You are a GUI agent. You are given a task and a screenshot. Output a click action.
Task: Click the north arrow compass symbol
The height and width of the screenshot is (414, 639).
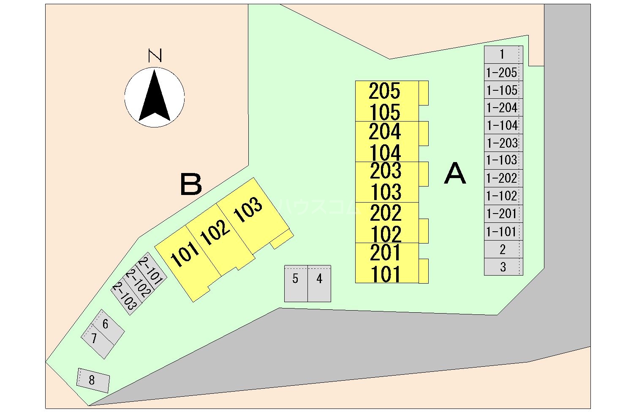point(155,97)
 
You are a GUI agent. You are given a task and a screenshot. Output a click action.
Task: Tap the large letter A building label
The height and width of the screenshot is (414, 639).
point(455,174)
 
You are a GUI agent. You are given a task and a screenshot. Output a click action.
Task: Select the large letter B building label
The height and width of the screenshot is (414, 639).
point(191,184)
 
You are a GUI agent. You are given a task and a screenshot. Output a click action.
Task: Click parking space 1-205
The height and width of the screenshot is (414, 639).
point(502,73)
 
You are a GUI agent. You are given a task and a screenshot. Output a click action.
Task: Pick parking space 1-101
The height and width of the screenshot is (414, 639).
point(502,232)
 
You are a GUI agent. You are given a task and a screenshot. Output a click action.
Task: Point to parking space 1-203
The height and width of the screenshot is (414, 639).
point(502,143)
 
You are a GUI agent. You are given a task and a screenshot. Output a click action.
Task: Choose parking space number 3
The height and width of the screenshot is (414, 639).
point(503,267)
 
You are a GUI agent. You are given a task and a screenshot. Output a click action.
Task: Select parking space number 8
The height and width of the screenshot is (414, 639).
point(92,380)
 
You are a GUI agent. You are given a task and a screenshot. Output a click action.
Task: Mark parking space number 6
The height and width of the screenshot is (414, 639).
point(106,324)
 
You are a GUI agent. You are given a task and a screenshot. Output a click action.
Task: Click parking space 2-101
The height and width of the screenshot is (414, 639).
point(151,271)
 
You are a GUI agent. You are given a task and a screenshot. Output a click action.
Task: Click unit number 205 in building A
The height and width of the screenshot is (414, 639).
point(384,91)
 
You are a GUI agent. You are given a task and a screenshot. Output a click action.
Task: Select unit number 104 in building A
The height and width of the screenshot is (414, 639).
point(385,152)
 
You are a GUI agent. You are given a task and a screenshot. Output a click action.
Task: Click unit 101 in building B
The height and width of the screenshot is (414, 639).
point(185,254)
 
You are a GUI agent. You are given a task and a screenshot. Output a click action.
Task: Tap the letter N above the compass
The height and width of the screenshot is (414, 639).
point(155,56)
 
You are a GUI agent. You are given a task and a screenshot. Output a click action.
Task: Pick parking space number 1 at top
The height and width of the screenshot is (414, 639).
point(502,54)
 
